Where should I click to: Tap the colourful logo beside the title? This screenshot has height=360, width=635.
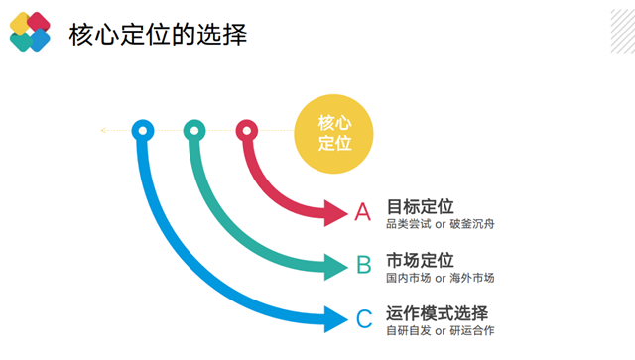point(30,32)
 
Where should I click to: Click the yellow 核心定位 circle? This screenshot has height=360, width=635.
point(335,133)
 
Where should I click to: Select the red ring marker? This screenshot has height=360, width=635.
point(247,129)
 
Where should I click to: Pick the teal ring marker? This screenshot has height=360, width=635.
point(194,129)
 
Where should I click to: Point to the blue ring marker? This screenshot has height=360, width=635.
point(143,129)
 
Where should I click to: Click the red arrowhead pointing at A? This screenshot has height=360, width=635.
point(335,211)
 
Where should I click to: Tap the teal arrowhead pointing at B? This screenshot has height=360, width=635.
point(335,265)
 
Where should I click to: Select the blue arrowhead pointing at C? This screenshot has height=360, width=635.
point(335,318)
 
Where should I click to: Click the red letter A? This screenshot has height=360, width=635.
point(363,211)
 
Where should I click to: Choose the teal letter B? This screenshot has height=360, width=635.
point(364,265)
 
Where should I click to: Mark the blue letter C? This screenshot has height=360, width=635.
point(364,318)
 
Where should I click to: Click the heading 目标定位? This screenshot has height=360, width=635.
point(420,206)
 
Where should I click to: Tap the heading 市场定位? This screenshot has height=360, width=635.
point(420,260)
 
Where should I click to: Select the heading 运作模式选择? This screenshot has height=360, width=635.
point(438,312)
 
